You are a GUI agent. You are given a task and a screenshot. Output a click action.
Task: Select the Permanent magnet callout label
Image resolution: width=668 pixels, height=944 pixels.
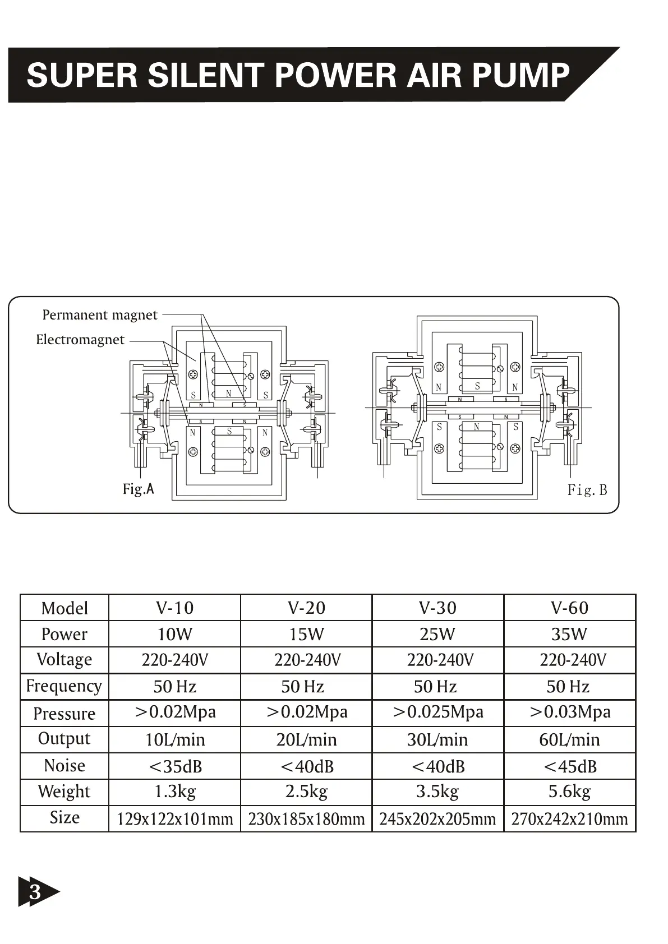click(100, 315)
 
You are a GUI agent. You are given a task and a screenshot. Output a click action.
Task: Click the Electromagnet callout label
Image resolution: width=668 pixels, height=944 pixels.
click(80, 340)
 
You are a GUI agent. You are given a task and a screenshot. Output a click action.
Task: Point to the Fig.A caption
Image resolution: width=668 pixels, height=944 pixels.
click(138, 489)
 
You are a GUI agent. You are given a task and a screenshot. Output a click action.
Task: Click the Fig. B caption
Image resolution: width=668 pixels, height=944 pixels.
click(587, 490)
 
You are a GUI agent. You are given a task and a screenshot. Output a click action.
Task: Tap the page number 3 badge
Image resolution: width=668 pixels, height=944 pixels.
click(35, 891)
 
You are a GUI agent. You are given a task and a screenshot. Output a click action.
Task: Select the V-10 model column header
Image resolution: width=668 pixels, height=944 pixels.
click(174, 608)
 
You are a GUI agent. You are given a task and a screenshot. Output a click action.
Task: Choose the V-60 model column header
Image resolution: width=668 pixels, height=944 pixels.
click(569, 608)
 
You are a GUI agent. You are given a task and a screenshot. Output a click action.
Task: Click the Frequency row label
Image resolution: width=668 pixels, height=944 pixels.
click(64, 686)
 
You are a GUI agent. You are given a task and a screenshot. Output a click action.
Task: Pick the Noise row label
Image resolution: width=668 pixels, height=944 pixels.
click(65, 766)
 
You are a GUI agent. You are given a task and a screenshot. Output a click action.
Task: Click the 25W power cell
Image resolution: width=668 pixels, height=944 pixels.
click(437, 634)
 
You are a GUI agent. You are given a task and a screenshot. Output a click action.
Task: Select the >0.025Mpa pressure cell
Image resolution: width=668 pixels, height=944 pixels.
click(437, 712)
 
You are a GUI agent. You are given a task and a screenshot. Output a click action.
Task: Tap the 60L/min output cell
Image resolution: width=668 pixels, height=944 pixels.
click(569, 740)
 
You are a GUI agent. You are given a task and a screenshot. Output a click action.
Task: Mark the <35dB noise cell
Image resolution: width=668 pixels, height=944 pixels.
click(174, 766)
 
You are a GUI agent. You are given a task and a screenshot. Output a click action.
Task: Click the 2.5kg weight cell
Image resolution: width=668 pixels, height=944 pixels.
click(306, 792)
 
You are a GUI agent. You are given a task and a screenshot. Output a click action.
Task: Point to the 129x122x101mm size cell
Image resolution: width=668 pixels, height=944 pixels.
click(174, 819)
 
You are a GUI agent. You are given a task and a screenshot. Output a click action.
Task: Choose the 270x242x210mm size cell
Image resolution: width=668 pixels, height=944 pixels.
click(569, 819)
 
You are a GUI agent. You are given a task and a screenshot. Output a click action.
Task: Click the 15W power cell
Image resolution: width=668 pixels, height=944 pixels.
click(306, 634)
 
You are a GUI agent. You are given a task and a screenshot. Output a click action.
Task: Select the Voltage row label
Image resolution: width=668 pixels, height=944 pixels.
click(65, 660)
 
